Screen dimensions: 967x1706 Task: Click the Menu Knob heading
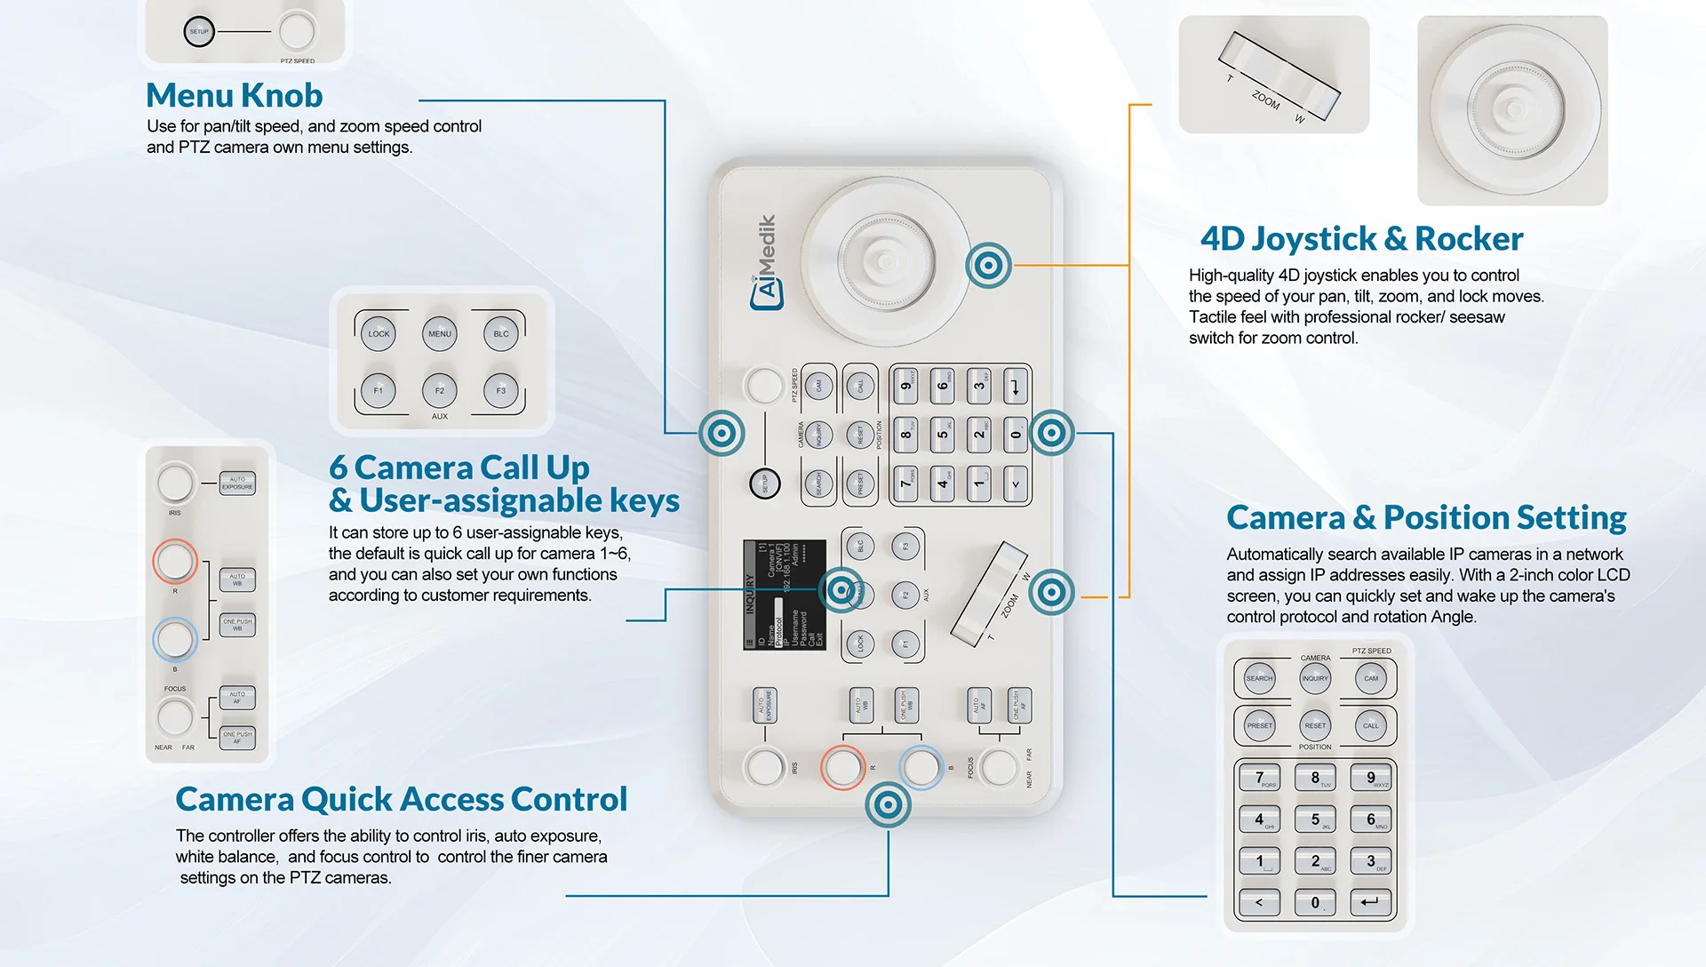pyautogui.click(x=234, y=95)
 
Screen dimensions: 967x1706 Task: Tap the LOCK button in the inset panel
pyautogui.click(x=379, y=334)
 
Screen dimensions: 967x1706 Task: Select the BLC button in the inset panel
pyautogui.click(x=501, y=334)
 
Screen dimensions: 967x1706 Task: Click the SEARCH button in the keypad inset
pyautogui.click(x=1259, y=679)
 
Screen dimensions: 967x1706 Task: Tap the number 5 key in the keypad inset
pyautogui.click(x=1315, y=819)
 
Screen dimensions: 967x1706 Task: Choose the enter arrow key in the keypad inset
pyautogui.click(x=1370, y=902)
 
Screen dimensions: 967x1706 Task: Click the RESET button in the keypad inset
pyautogui.click(x=1315, y=725)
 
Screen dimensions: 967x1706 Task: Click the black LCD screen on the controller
pyautogui.click(x=785, y=595)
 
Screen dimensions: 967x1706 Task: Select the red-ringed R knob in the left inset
pyautogui.click(x=174, y=561)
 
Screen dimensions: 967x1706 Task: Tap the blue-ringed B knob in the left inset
pyautogui.click(x=174, y=639)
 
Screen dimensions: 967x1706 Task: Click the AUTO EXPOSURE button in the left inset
pyautogui.click(x=237, y=483)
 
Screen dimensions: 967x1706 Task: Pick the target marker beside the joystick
pyautogui.click(x=988, y=265)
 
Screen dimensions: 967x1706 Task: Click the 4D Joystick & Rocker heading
pyautogui.click(x=1361, y=239)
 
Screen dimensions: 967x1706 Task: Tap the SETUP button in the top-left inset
pyautogui.click(x=199, y=32)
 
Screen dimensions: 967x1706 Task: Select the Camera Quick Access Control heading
pyautogui.click(x=401, y=799)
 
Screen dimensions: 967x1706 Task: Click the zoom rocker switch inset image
pyautogui.click(x=1273, y=76)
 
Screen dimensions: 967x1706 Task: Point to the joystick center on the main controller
pyautogui.click(x=885, y=260)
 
